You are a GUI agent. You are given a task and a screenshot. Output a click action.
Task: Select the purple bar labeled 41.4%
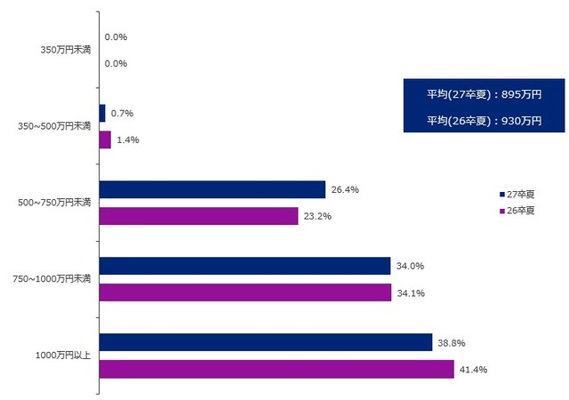pos(276,369)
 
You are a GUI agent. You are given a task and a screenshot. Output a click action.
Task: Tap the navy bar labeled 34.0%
pos(244,266)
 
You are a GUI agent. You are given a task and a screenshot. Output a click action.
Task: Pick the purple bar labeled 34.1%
pos(245,292)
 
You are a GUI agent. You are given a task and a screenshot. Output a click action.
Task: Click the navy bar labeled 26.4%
pos(212,189)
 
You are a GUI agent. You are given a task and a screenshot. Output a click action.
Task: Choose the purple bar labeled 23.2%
pos(199,216)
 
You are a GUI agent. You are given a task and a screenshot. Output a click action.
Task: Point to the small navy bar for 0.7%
pos(102,113)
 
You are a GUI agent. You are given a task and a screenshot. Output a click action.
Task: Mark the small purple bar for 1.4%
pos(105,140)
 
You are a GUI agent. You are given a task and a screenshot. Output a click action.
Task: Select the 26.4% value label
pos(344,189)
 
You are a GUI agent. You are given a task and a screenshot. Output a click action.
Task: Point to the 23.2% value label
pos(317,216)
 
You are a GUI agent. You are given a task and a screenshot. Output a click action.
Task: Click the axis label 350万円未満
pos(65,50)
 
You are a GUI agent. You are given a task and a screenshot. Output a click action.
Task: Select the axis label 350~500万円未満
pos(55,126)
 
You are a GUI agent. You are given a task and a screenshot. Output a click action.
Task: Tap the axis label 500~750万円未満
pos(55,203)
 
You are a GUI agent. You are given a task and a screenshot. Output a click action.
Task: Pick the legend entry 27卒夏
pos(517,193)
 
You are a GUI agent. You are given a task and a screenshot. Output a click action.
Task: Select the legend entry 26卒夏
pos(517,211)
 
